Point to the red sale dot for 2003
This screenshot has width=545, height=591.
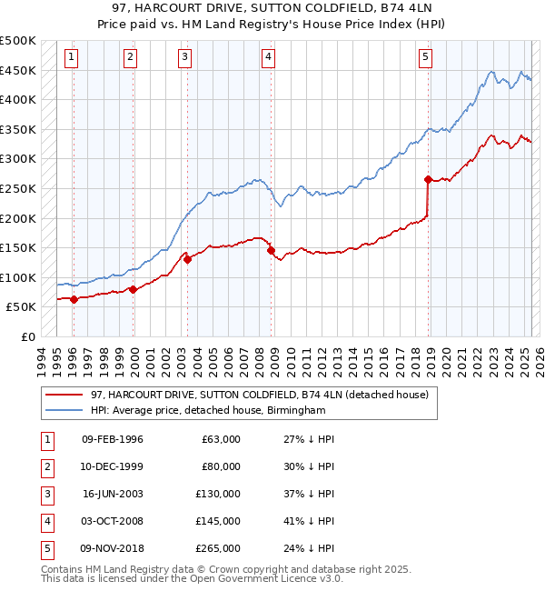[187, 259]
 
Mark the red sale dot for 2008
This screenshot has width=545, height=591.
[271, 250]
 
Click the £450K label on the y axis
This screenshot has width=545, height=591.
[18, 70]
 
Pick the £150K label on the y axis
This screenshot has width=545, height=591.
[18, 247]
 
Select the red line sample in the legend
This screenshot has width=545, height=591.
[64, 395]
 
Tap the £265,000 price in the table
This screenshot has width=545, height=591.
[218, 548]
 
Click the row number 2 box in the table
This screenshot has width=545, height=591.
[45, 466]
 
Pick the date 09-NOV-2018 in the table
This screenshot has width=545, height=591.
[113, 548]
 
